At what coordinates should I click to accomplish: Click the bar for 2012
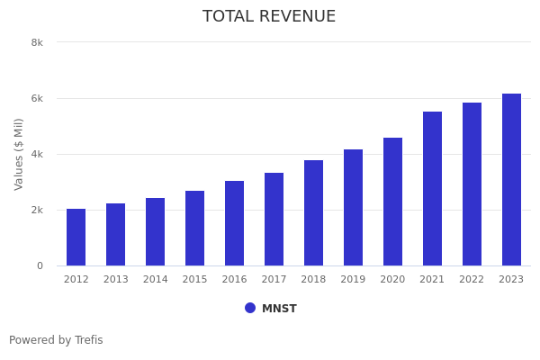tap(76, 238)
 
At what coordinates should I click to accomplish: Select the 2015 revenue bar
tap(195, 229)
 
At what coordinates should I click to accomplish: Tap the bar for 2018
tap(314, 213)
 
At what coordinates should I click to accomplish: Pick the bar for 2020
tap(393, 202)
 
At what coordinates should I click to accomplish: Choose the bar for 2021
tap(433, 189)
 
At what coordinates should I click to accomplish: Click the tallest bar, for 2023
tap(512, 180)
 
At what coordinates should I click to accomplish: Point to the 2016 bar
tap(235, 223)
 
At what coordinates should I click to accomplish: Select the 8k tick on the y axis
tap(37, 42)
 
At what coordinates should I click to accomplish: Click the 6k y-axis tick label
tap(37, 98)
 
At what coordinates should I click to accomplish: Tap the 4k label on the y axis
tap(37, 154)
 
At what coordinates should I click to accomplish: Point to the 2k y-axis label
tap(37, 210)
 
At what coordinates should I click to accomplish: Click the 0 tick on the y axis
tap(40, 265)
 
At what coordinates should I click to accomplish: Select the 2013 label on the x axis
tap(116, 280)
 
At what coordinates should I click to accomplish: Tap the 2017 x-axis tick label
tap(274, 280)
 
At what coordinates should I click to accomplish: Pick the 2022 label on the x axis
tap(472, 280)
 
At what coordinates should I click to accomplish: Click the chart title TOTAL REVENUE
tap(269, 17)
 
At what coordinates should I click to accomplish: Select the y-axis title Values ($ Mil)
tap(19, 154)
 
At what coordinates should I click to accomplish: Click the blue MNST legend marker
tap(250, 308)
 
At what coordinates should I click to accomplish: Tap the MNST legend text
tap(279, 309)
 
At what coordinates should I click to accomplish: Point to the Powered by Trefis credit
tap(56, 340)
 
